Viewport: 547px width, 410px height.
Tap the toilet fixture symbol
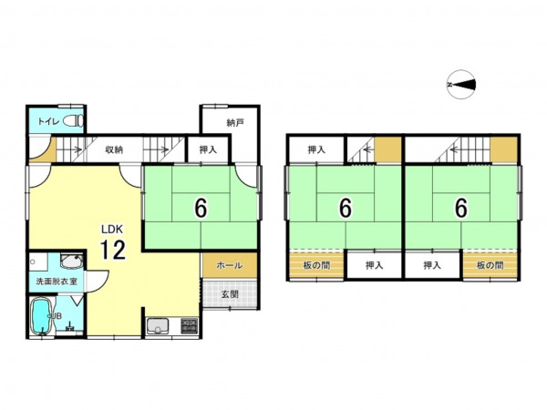74,121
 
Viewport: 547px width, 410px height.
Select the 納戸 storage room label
235,123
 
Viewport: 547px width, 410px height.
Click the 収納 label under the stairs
114,150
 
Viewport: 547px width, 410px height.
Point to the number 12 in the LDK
112,250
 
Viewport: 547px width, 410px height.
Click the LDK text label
112,230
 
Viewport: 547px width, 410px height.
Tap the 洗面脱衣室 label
57,281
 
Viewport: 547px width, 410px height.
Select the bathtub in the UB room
42,316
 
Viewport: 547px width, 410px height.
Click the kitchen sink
158,326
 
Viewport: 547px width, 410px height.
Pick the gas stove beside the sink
189,326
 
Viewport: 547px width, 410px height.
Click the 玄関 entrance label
230,294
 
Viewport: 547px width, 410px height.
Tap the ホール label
230,266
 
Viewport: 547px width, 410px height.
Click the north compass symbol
460,85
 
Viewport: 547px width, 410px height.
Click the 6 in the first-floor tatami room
201,208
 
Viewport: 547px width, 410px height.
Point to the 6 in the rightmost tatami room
460,208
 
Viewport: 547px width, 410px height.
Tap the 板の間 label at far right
490,266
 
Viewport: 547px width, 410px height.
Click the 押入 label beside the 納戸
208,150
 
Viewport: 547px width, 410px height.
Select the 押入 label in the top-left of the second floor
316,150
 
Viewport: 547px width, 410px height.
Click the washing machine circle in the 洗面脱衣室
33,261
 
